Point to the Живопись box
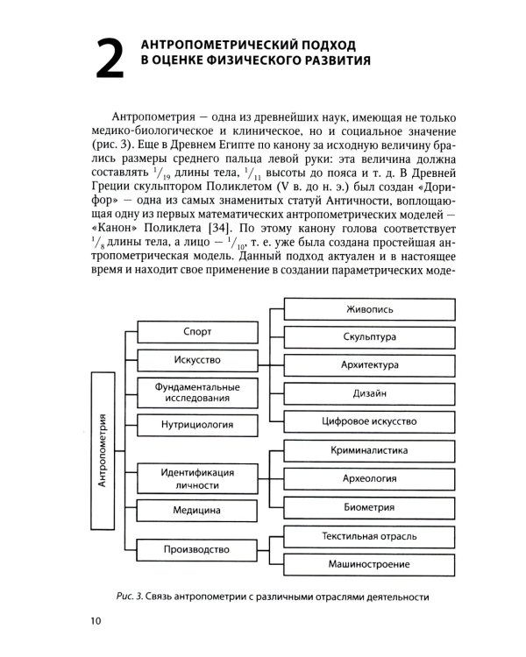click(x=368, y=309)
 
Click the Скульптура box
click(x=368, y=336)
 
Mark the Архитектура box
click(x=368, y=364)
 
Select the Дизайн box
click(x=368, y=392)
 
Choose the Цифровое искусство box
click(x=368, y=420)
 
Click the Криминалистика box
click(x=368, y=450)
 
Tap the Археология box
click(x=368, y=478)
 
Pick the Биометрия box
click(x=368, y=506)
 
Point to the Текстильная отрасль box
click(x=368, y=535)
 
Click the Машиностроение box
click(x=368, y=563)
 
